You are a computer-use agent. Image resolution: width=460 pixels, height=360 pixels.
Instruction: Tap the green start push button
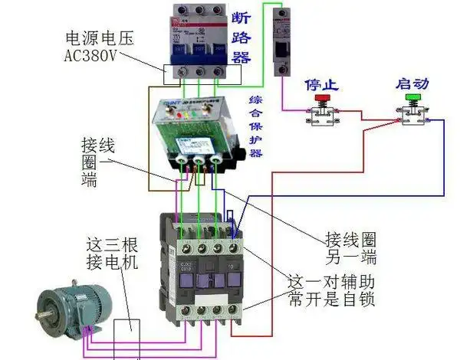413,100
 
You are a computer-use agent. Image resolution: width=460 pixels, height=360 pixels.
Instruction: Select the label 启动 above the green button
413,83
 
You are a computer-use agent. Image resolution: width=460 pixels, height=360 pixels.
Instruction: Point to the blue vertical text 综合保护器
256,126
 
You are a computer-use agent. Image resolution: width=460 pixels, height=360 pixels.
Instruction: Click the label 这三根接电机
110,255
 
